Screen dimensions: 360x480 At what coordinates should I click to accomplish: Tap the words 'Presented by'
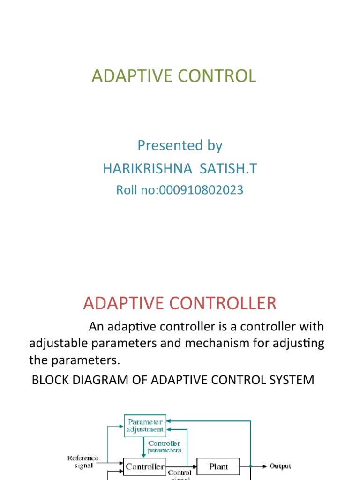180,145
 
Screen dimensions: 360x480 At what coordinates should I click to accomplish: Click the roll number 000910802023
202,190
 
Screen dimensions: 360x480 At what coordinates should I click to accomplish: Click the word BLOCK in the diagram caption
50,380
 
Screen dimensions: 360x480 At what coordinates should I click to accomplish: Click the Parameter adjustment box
145,425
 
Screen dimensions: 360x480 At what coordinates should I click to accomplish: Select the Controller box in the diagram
145,466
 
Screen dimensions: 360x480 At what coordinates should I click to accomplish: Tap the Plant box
218,466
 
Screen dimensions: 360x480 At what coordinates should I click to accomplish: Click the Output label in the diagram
280,466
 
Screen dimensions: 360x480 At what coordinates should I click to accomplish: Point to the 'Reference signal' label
83,462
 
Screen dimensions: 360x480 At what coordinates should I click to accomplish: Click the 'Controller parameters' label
164,446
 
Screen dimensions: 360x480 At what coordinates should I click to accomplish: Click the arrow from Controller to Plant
182,466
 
